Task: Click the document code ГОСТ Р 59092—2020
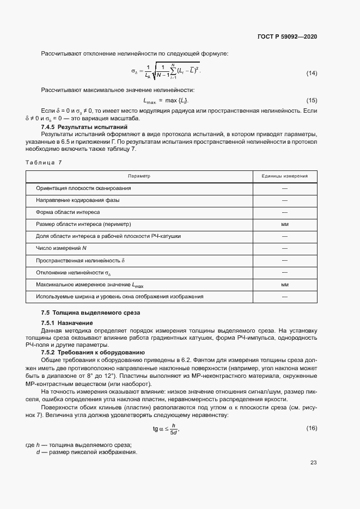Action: pyautogui.click(x=287, y=36)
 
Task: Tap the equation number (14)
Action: pyautogui.click(x=312, y=73)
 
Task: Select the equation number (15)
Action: pyautogui.click(x=312, y=101)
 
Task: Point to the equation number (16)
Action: pyautogui.click(x=312, y=429)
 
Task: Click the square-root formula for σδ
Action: pyautogui.click(x=166, y=71)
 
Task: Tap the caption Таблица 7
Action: pyautogui.click(x=44, y=162)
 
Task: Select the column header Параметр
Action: pyautogui.click(x=139, y=176)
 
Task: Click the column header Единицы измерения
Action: pyautogui.click(x=284, y=176)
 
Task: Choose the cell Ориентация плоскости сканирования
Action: pyautogui.click(x=83, y=188)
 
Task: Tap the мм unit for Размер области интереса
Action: pyautogui.click(x=284, y=224)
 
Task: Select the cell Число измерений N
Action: pyautogui.click(x=61, y=248)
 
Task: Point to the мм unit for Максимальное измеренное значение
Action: pyautogui.click(x=284, y=284)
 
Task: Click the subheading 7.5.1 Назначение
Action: pyautogui.click(x=67, y=323)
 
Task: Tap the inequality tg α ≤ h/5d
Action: pyautogui.click(x=166, y=429)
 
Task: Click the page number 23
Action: pyautogui.click(x=313, y=463)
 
